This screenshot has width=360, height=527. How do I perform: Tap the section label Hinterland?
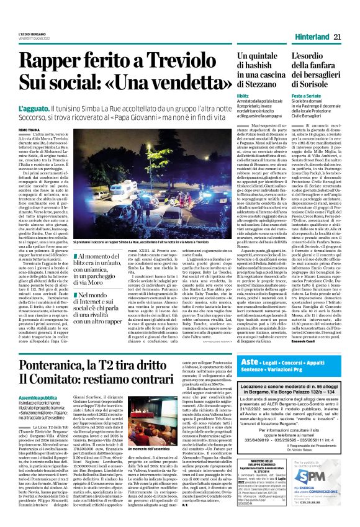(x=310, y=38)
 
